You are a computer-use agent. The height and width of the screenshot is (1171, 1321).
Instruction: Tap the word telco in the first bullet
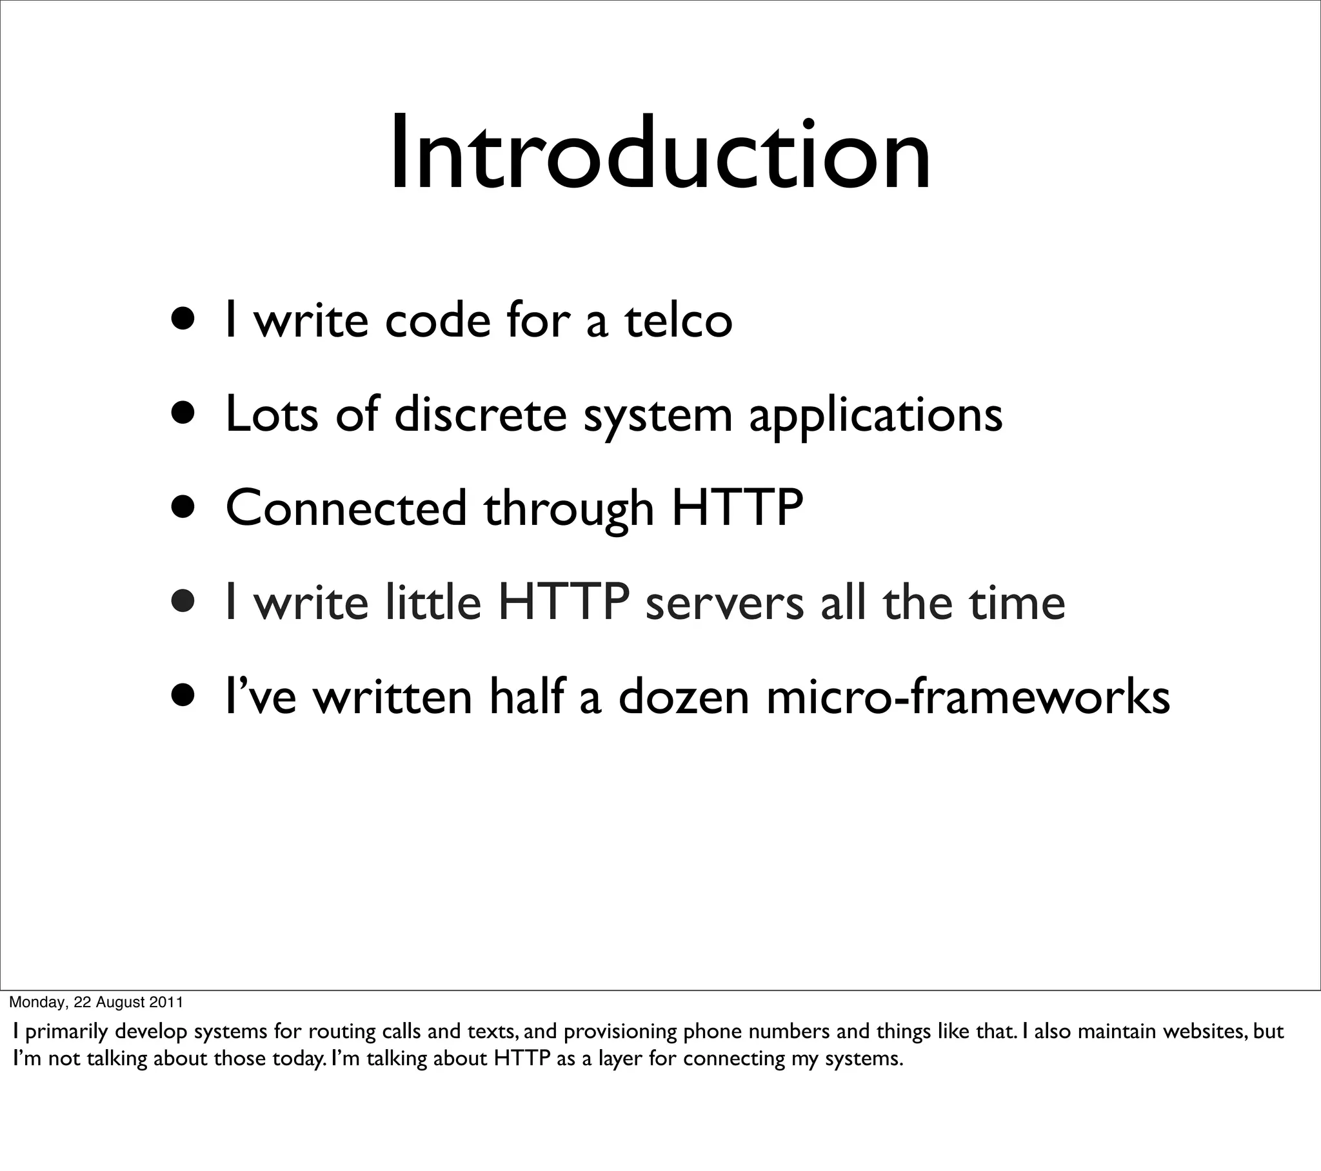[678, 320]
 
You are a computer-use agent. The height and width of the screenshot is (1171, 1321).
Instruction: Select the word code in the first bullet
[437, 320]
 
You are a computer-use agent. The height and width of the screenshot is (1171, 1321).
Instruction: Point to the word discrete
[480, 415]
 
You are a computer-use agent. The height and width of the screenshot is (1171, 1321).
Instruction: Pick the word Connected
[346, 509]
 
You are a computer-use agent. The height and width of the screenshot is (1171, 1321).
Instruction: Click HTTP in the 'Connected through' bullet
[737, 509]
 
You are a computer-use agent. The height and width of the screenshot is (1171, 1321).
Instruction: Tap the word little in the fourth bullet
[433, 602]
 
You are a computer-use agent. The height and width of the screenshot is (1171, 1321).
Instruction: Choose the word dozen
[684, 697]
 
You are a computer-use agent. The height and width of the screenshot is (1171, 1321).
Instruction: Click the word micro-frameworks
[968, 697]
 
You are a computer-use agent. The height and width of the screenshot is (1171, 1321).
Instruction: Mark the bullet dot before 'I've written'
[184, 696]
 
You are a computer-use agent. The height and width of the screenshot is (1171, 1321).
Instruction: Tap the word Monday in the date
[37, 1002]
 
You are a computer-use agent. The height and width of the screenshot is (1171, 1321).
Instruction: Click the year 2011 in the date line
[166, 1002]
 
